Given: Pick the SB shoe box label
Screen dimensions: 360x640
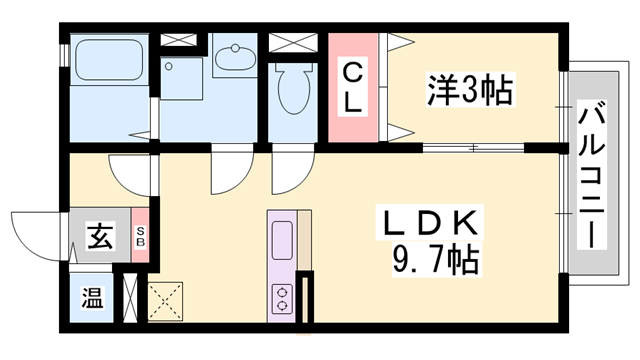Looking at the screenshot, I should [140, 238].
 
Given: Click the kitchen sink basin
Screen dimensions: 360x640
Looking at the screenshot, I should [282, 241].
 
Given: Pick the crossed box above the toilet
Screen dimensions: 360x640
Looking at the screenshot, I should [291, 44].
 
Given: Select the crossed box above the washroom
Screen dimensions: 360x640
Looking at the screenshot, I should [181, 41].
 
